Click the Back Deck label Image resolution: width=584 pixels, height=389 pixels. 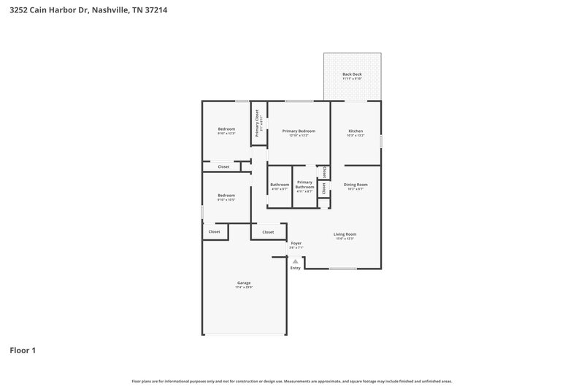pyautogui.click(x=352, y=74)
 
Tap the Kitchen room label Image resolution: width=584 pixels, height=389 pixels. pyautogui.click(x=355, y=131)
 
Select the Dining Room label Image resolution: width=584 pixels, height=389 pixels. pyautogui.click(x=356, y=185)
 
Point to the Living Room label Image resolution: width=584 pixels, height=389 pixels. pyautogui.click(x=345, y=234)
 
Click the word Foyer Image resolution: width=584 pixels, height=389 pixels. pyautogui.click(x=296, y=243)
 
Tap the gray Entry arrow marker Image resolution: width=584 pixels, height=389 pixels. pyautogui.click(x=296, y=261)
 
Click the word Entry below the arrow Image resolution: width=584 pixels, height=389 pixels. pyautogui.click(x=296, y=268)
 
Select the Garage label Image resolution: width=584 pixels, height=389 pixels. pyautogui.click(x=244, y=282)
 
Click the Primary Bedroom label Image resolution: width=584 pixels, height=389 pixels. pyautogui.click(x=299, y=131)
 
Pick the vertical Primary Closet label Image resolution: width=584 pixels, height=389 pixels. pyautogui.click(x=257, y=123)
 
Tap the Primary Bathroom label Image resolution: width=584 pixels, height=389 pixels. pyautogui.click(x=304, y=184)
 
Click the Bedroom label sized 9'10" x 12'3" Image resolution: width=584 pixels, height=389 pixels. pyautogui.click(x=226, y=129)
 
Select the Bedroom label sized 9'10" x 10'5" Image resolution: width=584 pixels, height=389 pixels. pyautogui.click(x=226, y=195)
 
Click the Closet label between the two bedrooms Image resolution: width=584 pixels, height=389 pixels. pyautogui.click(x=223, y=166)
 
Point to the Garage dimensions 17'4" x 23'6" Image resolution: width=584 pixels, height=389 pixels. pyautogui.click(x=244, y=288)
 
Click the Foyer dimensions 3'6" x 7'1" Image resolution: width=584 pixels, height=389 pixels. pyautogui.click(x=296, y=248)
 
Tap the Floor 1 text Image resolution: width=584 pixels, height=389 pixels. pyautogui.click(x=23, y=350)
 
